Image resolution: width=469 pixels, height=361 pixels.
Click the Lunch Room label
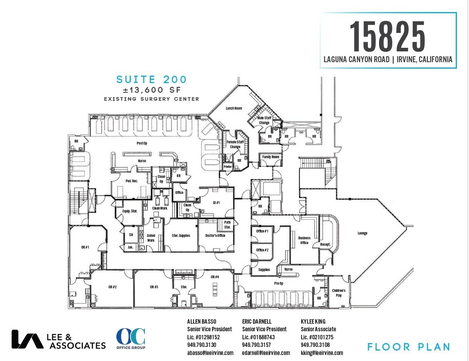(234, 108)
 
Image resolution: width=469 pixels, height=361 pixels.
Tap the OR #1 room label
(85, 247)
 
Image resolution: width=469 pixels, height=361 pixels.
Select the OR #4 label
(215, 277)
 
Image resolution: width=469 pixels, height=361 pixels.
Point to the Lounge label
(362, 233)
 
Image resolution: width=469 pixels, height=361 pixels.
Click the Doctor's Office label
(215, 236)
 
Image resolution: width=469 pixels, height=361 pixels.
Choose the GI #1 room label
(216, 202)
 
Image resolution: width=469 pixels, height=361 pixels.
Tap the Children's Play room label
(338, 293)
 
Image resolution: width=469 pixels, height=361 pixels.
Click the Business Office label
(304, 241)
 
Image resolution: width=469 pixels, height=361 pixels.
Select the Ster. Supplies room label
(181, 236)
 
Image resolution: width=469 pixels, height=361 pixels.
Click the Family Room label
(271, 157)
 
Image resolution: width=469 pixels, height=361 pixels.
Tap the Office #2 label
(262, 250)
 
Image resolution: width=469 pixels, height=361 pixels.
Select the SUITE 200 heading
(151, 80)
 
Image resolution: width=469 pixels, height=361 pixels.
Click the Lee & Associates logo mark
(27, 339)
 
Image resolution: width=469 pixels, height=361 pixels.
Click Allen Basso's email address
(210, 353)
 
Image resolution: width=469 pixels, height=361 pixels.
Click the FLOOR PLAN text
(408, 347)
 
